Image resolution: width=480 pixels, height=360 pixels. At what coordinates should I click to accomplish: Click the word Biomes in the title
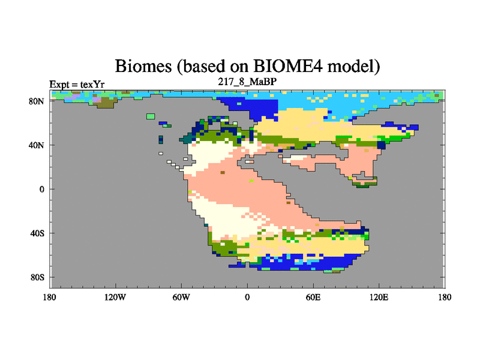[x=143, y=66]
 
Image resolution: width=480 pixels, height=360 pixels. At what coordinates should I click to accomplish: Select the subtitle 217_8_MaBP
[x=247, y=82]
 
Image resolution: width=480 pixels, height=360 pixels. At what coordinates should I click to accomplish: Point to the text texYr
[x=92, y=84]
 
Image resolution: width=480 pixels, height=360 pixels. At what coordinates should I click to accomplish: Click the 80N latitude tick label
[x=37, y=101]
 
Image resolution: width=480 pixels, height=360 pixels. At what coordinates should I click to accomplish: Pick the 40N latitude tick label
[x=37, y=145]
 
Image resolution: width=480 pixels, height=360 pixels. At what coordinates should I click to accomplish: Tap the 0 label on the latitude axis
[x=42, y=189]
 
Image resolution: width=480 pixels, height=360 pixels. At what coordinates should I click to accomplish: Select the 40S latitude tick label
[x=37, y=233]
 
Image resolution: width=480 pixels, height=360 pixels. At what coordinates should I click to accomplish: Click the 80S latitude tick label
[x=37, y=277]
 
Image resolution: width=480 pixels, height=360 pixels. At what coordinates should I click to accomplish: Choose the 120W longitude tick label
[x=115, y=297]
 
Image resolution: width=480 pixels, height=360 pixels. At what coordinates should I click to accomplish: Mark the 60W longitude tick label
[x=181, y=297]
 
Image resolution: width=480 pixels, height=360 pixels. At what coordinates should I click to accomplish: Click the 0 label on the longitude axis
[x=247, y=297]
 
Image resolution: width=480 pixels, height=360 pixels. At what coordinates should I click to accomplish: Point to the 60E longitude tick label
[x=313, y=297]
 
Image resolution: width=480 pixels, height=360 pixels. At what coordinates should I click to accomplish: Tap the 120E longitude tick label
[x=379, y=297]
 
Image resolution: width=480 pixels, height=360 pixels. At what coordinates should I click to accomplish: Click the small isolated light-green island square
[x=151, y=116]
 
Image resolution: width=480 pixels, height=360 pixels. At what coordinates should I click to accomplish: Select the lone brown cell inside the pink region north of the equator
[x=223, y=173]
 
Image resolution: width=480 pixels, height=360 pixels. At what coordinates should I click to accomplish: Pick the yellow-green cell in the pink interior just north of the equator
[x=251, y=181]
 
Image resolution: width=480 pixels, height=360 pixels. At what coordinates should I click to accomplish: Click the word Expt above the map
[x=59, y=85]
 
